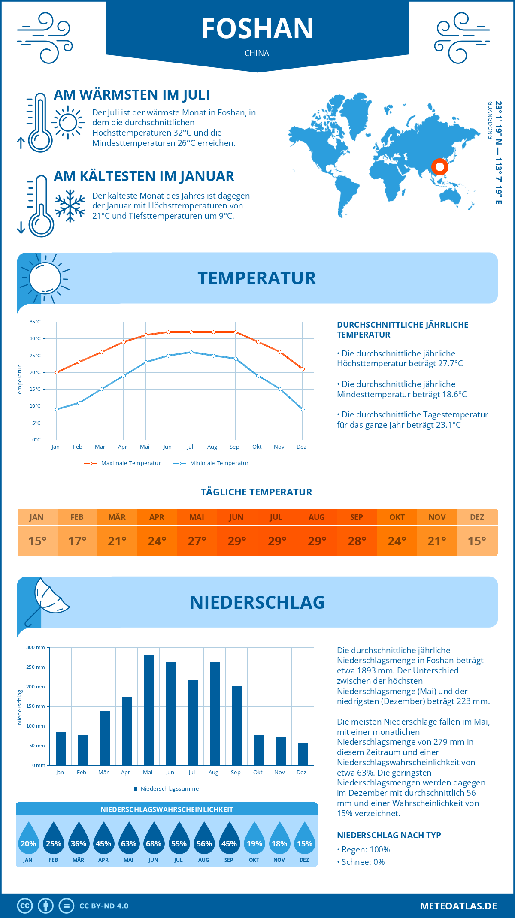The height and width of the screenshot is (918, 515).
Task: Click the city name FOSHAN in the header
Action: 257,29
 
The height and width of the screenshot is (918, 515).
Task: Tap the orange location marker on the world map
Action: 439,166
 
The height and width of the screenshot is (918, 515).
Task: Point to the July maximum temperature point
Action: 191,332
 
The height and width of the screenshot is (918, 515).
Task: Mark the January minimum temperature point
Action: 57,409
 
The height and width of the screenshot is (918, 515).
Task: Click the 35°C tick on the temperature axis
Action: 35,322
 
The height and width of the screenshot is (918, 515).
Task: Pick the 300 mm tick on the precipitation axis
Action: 36,647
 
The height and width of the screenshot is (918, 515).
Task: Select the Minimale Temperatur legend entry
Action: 211,463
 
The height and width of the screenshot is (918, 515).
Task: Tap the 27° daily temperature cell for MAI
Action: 197,541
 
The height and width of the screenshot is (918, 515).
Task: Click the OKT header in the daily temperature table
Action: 397,517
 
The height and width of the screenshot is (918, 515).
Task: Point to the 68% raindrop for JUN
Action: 154,843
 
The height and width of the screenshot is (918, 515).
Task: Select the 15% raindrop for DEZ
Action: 305,843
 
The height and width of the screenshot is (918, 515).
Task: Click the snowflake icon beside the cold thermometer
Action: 70,206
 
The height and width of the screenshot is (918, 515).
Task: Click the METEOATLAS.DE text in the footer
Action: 458,906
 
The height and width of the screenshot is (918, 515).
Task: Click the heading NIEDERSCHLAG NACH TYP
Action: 389,835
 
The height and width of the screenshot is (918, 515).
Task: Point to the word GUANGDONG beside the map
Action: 490,120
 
